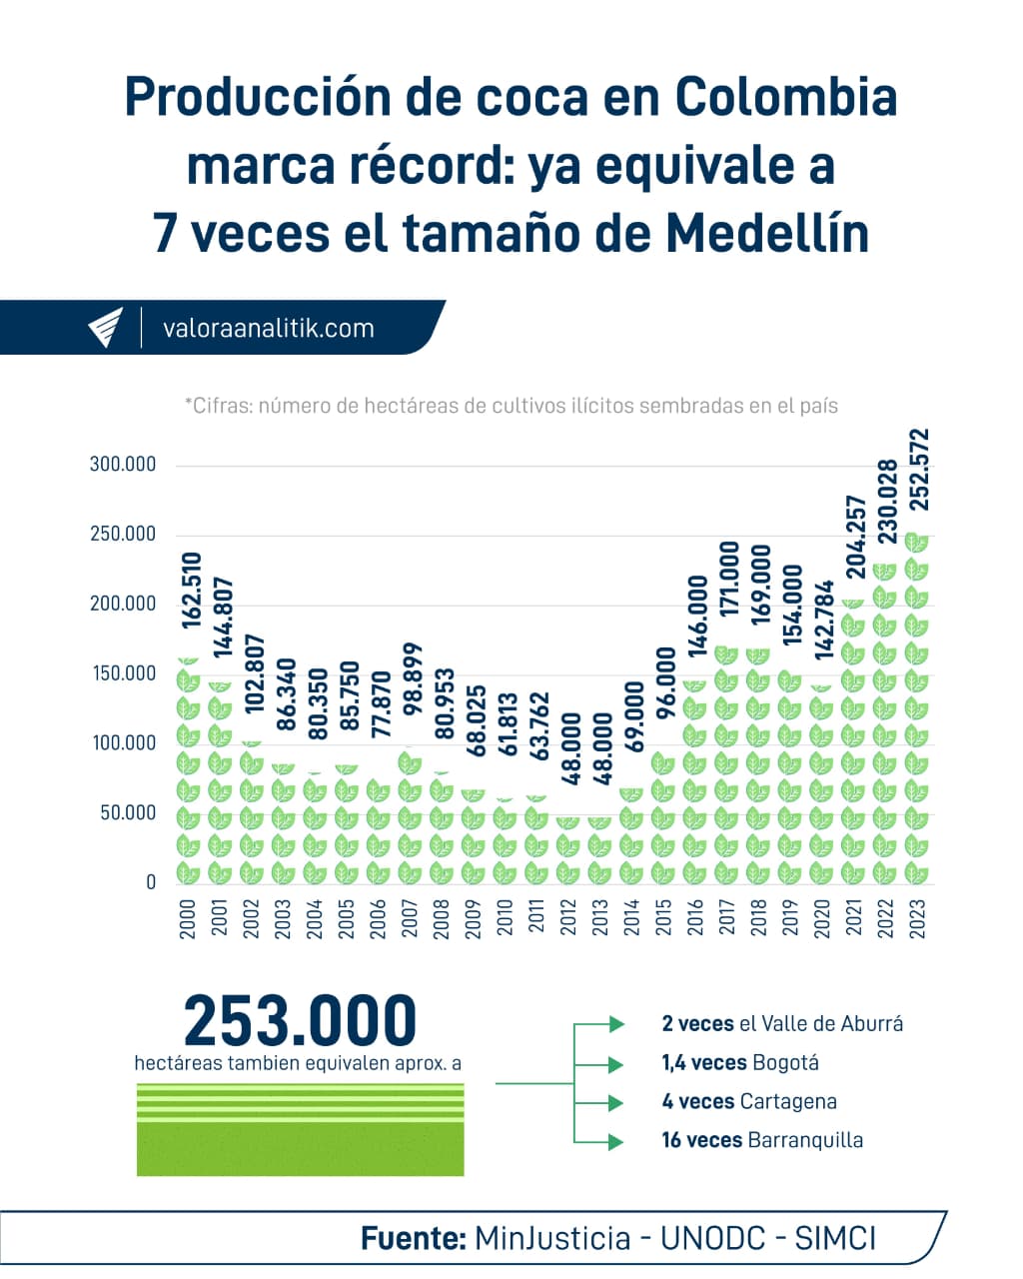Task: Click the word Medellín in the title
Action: point(766,234)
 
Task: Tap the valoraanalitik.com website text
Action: point(268,328)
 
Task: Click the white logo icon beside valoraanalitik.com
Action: point(105,327)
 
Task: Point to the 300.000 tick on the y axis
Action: point(123,465)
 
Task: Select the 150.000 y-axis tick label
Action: point(123,673)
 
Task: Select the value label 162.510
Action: point(191,591)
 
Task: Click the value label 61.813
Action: point(507,723)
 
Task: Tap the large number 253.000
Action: point(300,1020)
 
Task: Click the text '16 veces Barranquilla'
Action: point(761,1140)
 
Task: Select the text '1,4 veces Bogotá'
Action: point(739,1062)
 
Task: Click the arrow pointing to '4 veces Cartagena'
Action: point(616,1102)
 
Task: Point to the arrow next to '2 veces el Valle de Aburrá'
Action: point(616,1024)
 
